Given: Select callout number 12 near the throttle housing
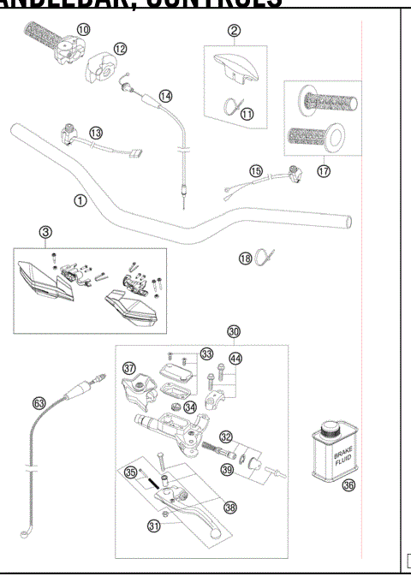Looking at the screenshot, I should (120, 49).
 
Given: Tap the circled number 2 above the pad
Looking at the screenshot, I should (234, 31).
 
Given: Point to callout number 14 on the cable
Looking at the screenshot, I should (165, 95).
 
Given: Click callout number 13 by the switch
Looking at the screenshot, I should (96, 132).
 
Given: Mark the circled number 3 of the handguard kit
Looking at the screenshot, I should (45, 231).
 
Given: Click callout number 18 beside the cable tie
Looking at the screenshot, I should (245, 258).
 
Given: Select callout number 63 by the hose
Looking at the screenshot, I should (39, 401).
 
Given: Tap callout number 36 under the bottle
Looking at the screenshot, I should (348, 484).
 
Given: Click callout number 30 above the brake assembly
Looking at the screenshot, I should (234, 332).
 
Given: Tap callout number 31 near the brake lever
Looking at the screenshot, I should (155, 527).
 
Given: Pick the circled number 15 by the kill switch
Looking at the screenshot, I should (255, 171).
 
